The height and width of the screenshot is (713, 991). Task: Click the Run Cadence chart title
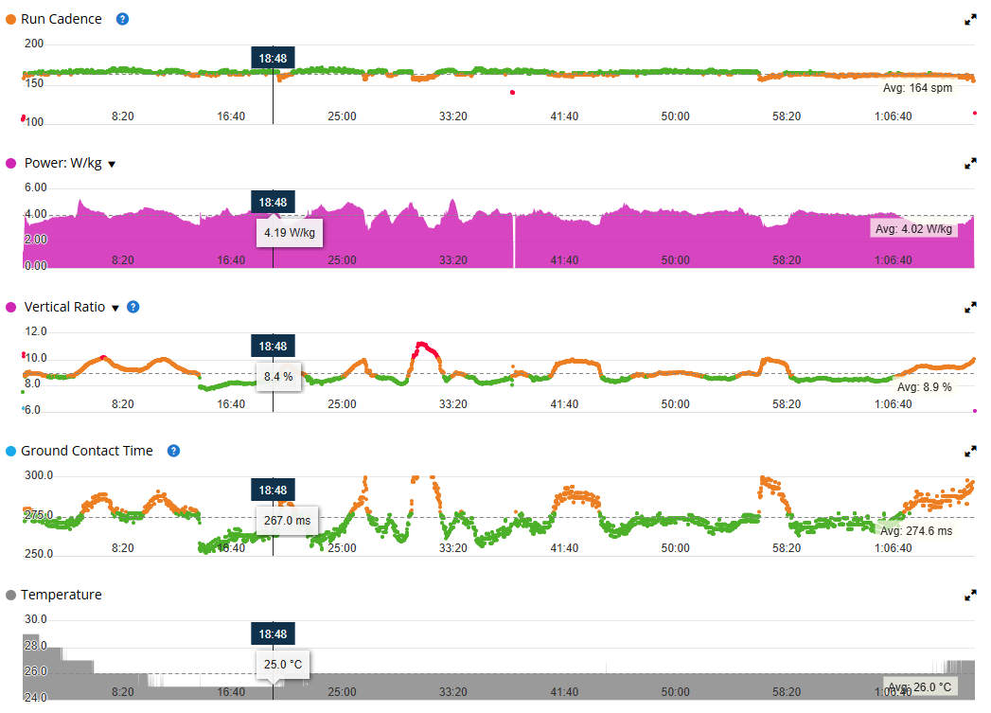pos(61,19)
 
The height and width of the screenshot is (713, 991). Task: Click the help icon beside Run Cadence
pos(122,19)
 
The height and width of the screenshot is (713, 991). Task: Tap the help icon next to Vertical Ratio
pos(133,307)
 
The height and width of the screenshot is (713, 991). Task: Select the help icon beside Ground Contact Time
pos(173,451)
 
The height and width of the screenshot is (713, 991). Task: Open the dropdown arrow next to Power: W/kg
pos(112,164)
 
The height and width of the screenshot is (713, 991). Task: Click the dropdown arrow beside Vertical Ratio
pos(115,308)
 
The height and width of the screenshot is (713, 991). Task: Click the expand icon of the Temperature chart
pos(970,596)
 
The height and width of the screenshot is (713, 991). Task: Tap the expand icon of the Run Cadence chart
pos(970,19)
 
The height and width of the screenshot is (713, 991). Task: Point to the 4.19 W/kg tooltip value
pos(290,232)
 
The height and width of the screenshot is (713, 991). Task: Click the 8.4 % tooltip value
pos(278,376)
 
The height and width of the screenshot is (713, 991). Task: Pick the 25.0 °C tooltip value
pos(283,664)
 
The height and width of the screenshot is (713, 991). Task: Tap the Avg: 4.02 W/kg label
pos(913,229)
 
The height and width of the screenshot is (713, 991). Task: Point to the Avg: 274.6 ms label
pos(916,531)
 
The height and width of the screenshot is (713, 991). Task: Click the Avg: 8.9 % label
pos(924,387)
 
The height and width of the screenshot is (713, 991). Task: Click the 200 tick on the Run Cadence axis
pos(34,44)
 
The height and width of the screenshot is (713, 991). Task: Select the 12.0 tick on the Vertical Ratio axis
pos(36,331)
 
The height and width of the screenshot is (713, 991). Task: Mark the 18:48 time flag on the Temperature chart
pos(273,633)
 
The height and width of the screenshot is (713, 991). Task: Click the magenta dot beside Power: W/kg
pos(11,163)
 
